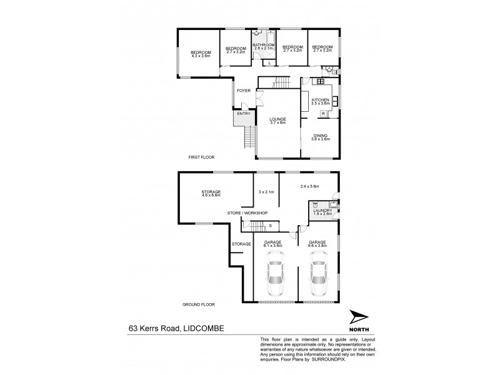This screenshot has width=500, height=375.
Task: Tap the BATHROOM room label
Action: click(x=263, y=45)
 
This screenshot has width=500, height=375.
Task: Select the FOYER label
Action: click(x=243, y=91)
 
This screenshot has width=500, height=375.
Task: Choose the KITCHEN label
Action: click(x=320, y=100)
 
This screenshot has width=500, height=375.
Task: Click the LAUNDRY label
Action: click(x=322, y=211)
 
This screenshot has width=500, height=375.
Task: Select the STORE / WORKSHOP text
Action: click(x=247, y=212)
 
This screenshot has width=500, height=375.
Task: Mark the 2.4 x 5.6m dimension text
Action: click(x=309, y=186)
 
